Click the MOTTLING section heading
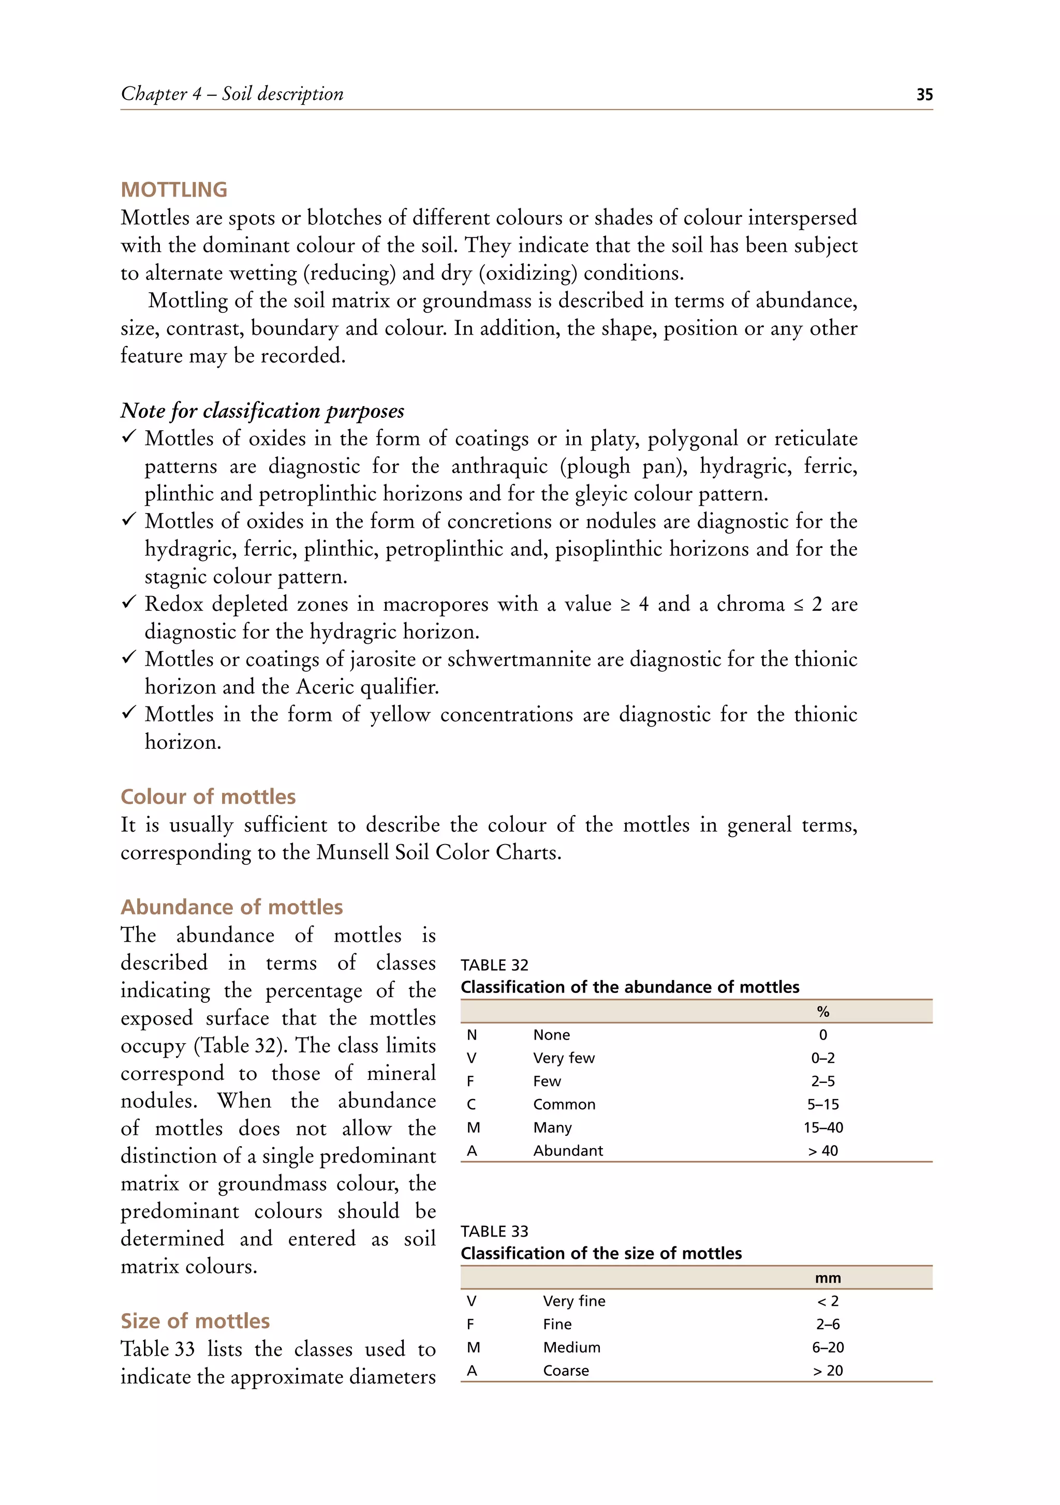pyautogui.click(x=174, y=189)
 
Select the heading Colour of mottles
pyautogui.click(x=208, y=796)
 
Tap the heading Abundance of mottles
pyautogui.click(x=231, y=907)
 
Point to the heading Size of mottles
pyautogui.click(x=195, y=1320)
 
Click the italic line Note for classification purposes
pyautogui.click(x=262, y=410)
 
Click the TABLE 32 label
pyautogui.click(x=494, y=965)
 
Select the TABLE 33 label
pyautogui.click(x=494, y=1231)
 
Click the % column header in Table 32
pyautogui.click(x=822, y=1012)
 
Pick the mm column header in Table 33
pyautogui.click(x=827, y=1277)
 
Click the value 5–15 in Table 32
pyautogui.click(x=822, y=1105)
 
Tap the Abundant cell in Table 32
pyautogui.click(x=567, y=1150)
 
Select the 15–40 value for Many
pyautogui.click(x=822, y=1127)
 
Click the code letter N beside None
pyautogui.click(x=472, y=1035)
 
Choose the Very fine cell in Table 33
pyautogui.click(x=574, y=1301)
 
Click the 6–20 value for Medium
pyautogui.click(x=827, y=1347)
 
